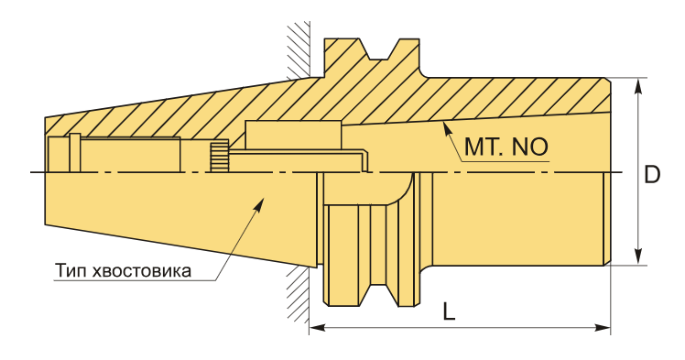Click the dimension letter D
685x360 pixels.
[x=652, y=174]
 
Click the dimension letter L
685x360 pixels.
[x=449, y=311]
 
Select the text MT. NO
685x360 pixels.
[x=506, y=147]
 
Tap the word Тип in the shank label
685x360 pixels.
[x=70, y=271]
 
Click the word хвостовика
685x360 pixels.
[x=142, y=271]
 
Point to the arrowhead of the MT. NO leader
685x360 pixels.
[x=447, y=128]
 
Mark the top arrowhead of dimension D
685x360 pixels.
[x=638, y=85]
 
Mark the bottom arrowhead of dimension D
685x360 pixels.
[x=638, y=256]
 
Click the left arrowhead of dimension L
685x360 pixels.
[x=317, y=327]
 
